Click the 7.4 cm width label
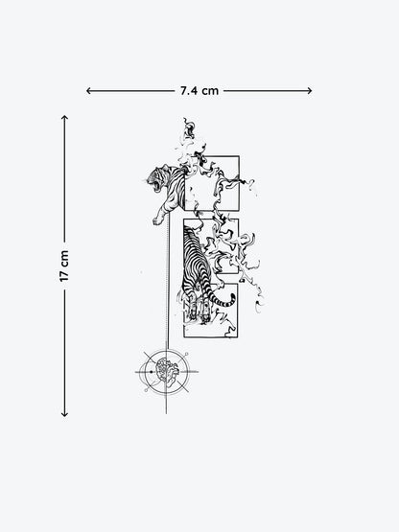click(x=199, y=91)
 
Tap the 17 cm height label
click(x=64, y=266)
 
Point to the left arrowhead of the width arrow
click(x=88, y=91)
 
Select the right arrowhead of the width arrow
click(x=310, y=91)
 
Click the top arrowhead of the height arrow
click(x=64, y=117)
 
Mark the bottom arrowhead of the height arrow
click(x=64, y=414)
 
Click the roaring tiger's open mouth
click(x=156, y=186)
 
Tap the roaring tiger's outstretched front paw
click(x=157, y=220)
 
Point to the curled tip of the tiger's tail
click(x=233, y=298)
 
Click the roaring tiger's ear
click(x=165, y=167)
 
